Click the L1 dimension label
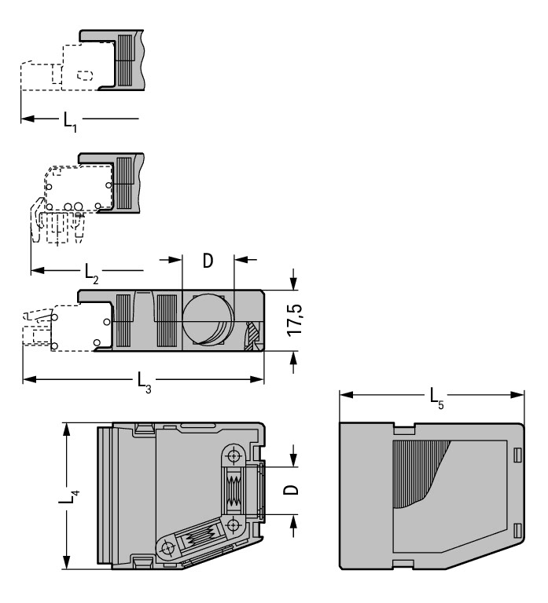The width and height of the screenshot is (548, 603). tap(70, 121)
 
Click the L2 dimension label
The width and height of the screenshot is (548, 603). tap(92, 273)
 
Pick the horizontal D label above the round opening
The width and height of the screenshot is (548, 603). tap(208, 261)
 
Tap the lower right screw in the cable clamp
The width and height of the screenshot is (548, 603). tap(234, 524)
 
